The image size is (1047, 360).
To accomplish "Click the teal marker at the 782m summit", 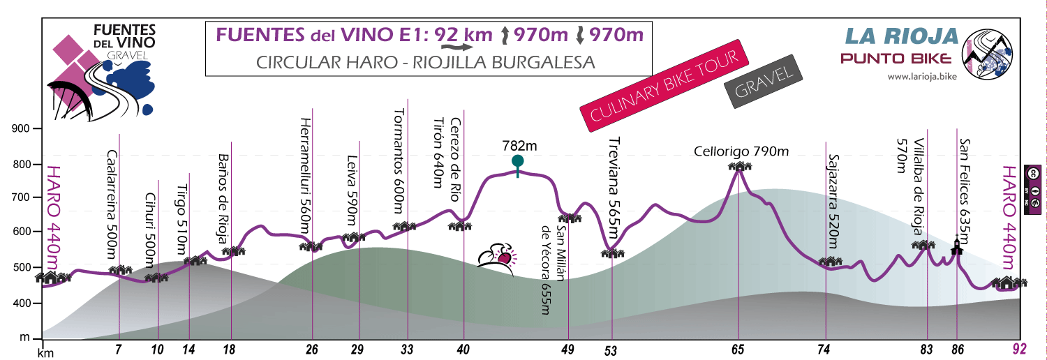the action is (x=517, y=162).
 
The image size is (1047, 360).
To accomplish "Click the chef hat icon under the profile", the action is (x=498, y=256).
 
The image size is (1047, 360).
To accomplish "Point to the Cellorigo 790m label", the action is (x=741, y=151).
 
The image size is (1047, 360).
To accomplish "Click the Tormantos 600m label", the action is (x=399, y=156).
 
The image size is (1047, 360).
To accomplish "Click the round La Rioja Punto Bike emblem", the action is (x=988, y=54).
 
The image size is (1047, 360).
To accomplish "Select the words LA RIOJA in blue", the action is (x=901, y=36).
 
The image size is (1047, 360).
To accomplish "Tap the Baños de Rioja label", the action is (x=223, y=200).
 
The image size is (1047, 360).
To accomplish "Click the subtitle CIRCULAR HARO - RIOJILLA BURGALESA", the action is (x=425, y=61).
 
